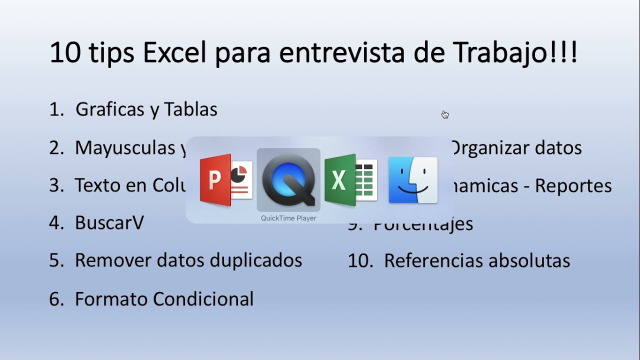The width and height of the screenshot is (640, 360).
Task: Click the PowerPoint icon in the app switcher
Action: pyautogui.click(x=226, y=180)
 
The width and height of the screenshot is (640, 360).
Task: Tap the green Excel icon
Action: pyautogui.click(x=350, y=180)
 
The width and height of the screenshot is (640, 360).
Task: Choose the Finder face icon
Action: pyautogui.click(x=413, y=180)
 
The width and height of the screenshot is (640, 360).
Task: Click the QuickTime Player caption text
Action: pyautogui.click(x=288, y=218)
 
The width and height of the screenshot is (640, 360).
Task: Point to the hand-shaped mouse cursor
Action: pyautogui.click(x=444, y=114)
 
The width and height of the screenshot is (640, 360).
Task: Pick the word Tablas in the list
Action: pyautogui.click(x=190, y=109)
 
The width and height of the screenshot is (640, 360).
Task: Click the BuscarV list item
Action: pyautogui.click(x=109, y=223)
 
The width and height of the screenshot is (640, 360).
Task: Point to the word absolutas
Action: pyautogui.click(x=529, y=260)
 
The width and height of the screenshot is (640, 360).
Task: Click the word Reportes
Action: pyautogui.click(x=573, y=185)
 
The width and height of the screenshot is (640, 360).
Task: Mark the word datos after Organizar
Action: pyautogui.click(x=558, y=148)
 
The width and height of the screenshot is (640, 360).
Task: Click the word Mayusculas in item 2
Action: pyautogui.click(x=125, y=148)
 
